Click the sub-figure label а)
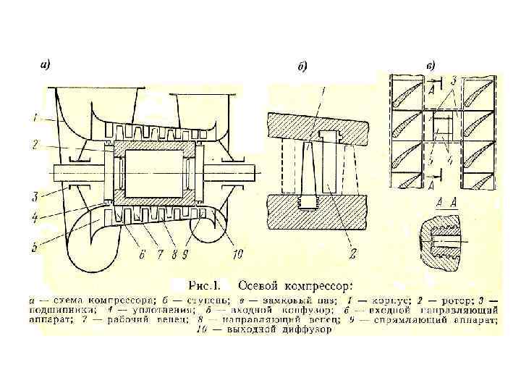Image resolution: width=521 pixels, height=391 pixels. (x=45, y=64)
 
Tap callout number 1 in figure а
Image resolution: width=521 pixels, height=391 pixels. (x=35, y=116)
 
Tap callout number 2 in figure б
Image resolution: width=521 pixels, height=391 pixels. (x=353, y=256)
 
